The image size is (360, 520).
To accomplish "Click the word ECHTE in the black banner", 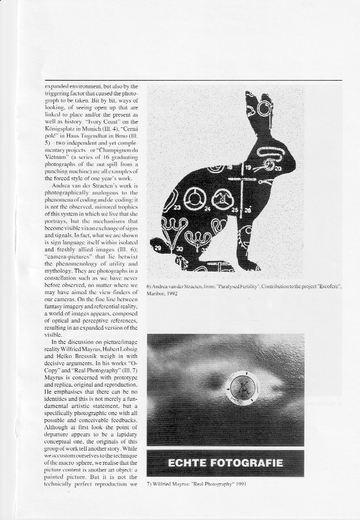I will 189,463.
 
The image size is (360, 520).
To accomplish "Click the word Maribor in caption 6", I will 156,292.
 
